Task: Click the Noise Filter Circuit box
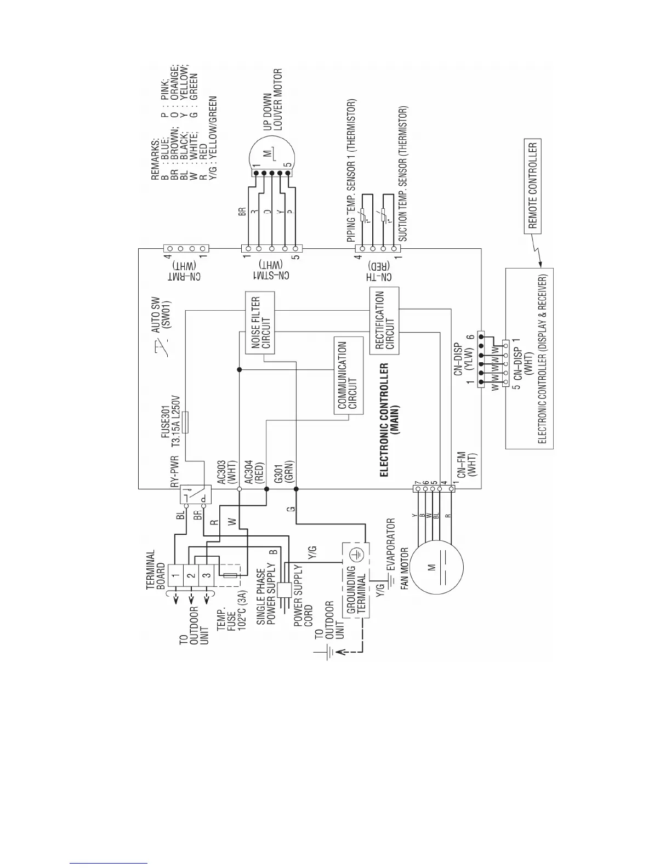tap(259, 323)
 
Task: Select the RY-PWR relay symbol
tap(196, 496)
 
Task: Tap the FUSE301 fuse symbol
tap(185, 422)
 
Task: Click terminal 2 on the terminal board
tap(190, 575)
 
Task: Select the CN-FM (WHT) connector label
tap(467, 466)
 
